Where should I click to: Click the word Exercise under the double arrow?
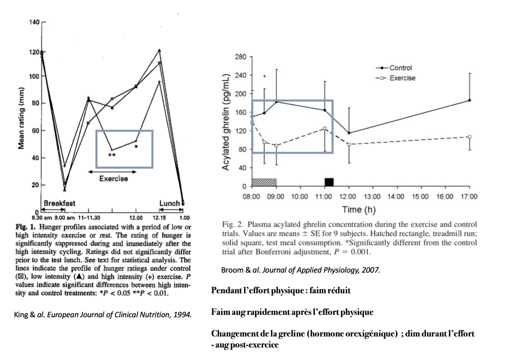113,179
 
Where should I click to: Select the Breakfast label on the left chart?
60,204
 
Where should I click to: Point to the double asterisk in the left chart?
111,156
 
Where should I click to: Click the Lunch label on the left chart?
169,204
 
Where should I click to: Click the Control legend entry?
400,68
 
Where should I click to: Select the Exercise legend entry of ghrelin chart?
402,78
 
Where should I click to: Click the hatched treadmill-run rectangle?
264,182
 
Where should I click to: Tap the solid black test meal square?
329,182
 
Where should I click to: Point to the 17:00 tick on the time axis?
469,196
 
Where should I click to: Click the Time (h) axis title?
358,209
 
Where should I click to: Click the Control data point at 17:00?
469,100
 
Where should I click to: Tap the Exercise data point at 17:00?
469,137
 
